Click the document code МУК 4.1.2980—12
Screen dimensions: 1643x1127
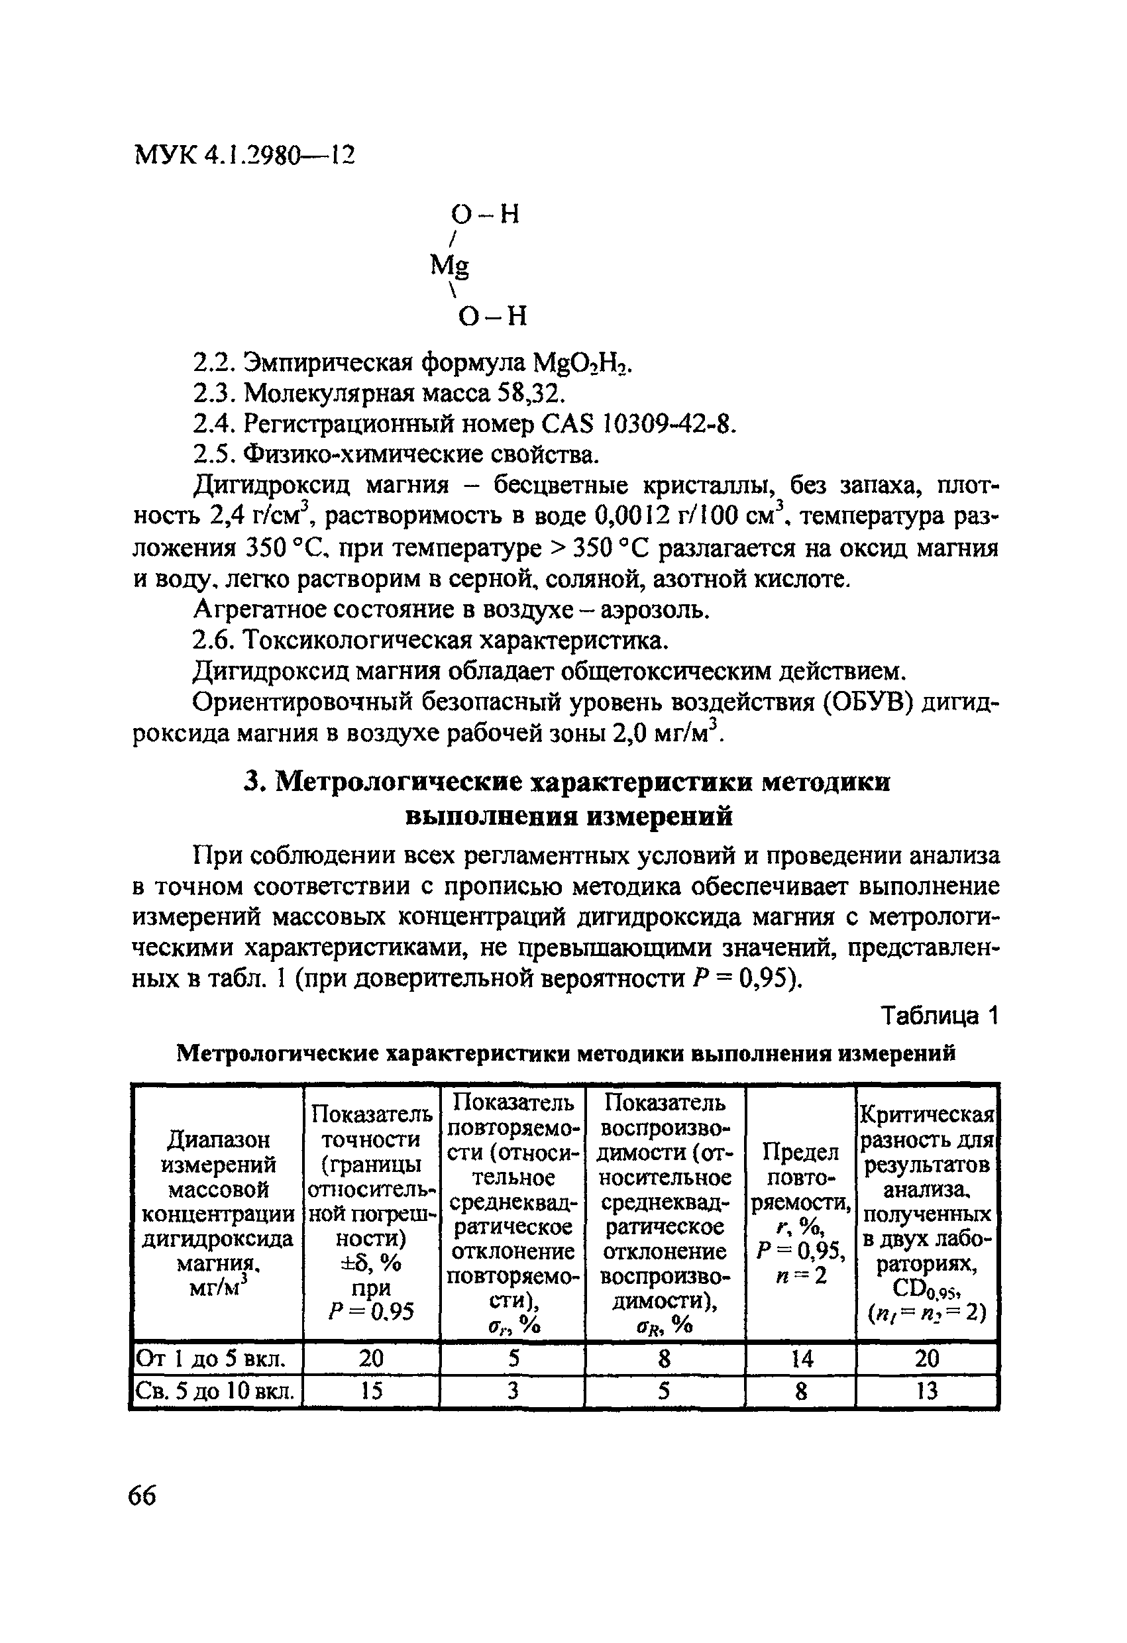[244, 155]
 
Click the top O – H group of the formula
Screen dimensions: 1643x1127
[485, 213]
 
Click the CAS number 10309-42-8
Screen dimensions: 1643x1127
[667, 424]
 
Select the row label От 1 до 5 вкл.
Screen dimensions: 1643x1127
[211, 1358]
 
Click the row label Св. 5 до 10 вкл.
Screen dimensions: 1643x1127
[214, 1391]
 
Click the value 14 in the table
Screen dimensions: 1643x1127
[800, 1358]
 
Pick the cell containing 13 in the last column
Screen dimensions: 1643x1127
[926, 1391]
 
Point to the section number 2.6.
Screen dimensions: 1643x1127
[213, 641]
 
